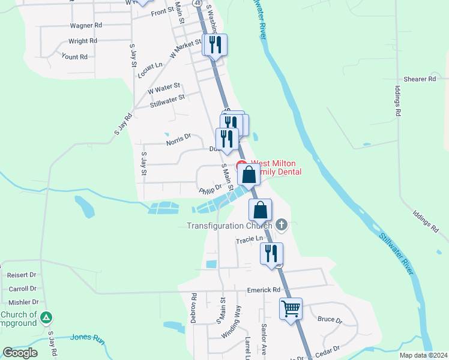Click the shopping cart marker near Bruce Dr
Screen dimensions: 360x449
click(291, 309)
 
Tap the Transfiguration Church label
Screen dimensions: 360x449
click(229, 226)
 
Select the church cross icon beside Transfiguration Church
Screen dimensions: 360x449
click(282, 226)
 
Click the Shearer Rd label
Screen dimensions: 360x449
click(419, 79)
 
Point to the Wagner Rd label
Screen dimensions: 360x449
click(86, 26)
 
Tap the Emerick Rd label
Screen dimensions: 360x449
click(264, 290)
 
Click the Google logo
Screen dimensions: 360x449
click(20, 353)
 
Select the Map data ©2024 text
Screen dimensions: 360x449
click(423, 355)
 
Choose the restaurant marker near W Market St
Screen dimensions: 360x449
click(215, 44)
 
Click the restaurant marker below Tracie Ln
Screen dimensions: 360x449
click(271, 253)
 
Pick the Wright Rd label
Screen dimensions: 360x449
click(83, 41)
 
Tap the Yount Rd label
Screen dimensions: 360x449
click(74, 57)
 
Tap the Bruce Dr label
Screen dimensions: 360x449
click(330, 320)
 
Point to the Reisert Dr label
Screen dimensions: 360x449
click(22, 275)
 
